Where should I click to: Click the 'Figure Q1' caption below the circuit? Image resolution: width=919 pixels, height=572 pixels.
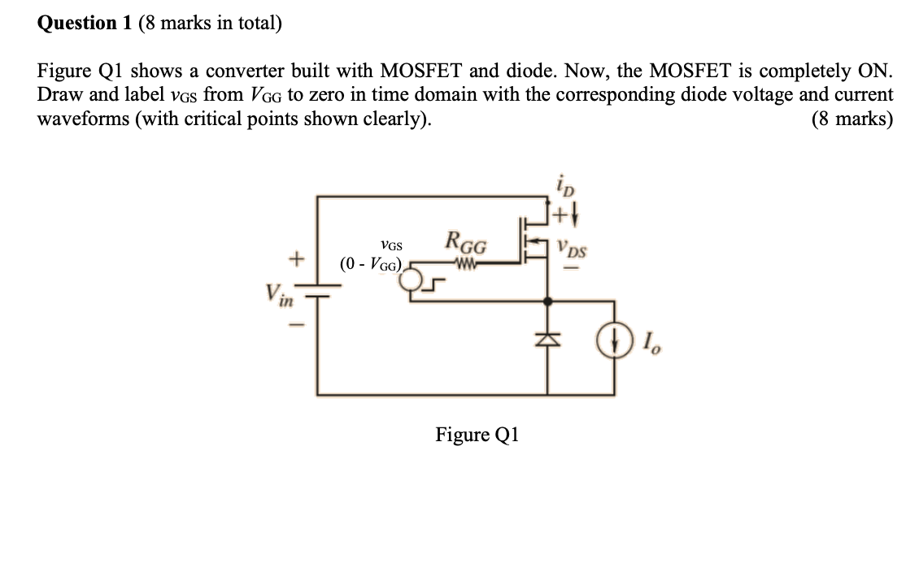(x=477, y=435)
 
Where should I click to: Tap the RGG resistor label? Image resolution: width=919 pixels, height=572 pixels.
(x=466, y=243)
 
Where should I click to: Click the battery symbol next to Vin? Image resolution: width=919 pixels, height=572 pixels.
(x=317, y=294)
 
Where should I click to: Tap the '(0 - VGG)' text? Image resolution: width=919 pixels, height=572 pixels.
(x=372, y=264)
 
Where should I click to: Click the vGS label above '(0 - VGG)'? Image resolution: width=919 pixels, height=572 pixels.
(x=391, y=245)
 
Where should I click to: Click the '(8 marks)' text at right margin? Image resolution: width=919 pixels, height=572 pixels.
(x=851, y=119)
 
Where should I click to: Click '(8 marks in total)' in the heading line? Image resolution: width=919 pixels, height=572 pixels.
(x=210, y=23)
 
